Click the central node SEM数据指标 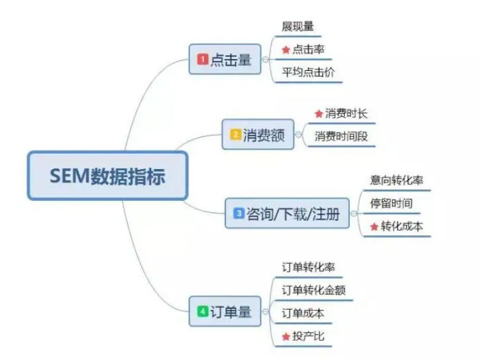pos(107,176)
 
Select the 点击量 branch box pos(225,60)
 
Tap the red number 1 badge pos(203,59)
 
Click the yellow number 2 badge pos(235,135)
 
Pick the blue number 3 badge pos(239,213)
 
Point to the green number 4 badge pos(203,312)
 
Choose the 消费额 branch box pos(258,135)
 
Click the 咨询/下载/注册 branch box pos(288,213)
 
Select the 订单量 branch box pos(225,312)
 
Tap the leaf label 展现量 pos(298,27)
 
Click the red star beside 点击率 pos(286,50)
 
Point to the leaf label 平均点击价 pos(308,72)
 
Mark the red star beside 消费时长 pos(319,113)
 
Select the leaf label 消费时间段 pos(341,137)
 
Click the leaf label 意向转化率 pos(396,180)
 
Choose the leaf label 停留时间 pos(391,204)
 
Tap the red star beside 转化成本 pos(374,227)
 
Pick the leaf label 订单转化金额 pos(313,290)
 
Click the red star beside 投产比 pos(286,337)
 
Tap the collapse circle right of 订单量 pos(266,312)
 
